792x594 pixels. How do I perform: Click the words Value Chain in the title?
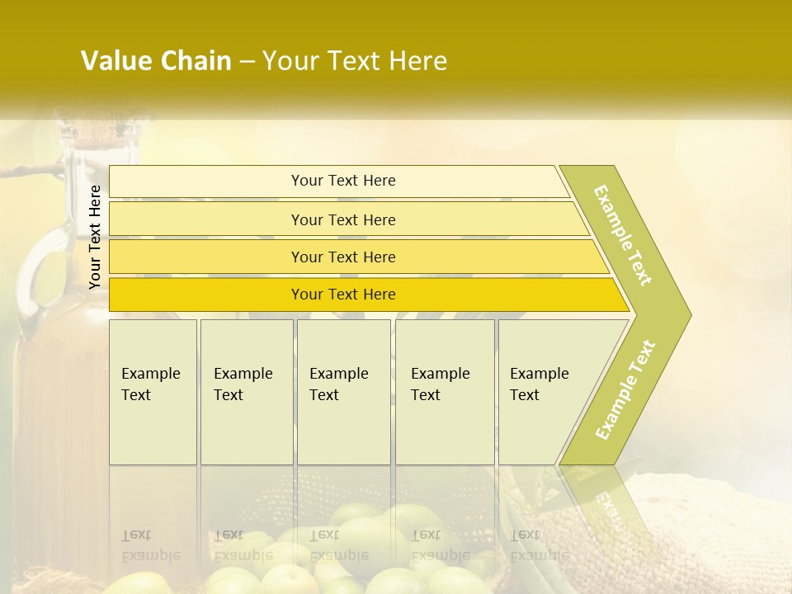pos(156,61)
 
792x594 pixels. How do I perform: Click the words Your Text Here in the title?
pos(355,61)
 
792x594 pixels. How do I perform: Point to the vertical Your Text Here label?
pos(95,237)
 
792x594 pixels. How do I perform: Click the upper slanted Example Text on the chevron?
pos(623,235)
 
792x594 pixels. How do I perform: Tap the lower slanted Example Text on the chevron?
pos(625,389)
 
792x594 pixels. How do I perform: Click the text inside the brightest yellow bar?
pos(343,295)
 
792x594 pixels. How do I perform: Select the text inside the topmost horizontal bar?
pos(343,181)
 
